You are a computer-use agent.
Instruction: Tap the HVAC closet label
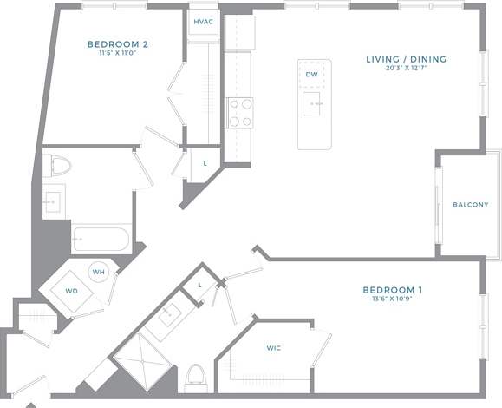(204, 22)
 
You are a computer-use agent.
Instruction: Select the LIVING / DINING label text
(406, 60)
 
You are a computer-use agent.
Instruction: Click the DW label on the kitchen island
(311, 75)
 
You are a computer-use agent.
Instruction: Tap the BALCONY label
(471, 205)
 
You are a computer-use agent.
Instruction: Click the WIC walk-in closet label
(273, 347)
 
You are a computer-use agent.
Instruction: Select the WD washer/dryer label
(72, 291)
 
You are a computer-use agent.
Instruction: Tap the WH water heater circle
(99, 271)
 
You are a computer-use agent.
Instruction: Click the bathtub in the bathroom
(101, 238)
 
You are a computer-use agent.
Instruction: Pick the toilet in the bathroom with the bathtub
(60, 164)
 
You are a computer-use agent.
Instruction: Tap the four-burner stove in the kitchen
(239, 112)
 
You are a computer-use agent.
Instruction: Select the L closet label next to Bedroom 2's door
(204, 163)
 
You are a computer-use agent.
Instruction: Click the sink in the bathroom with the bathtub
(54, 199)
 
